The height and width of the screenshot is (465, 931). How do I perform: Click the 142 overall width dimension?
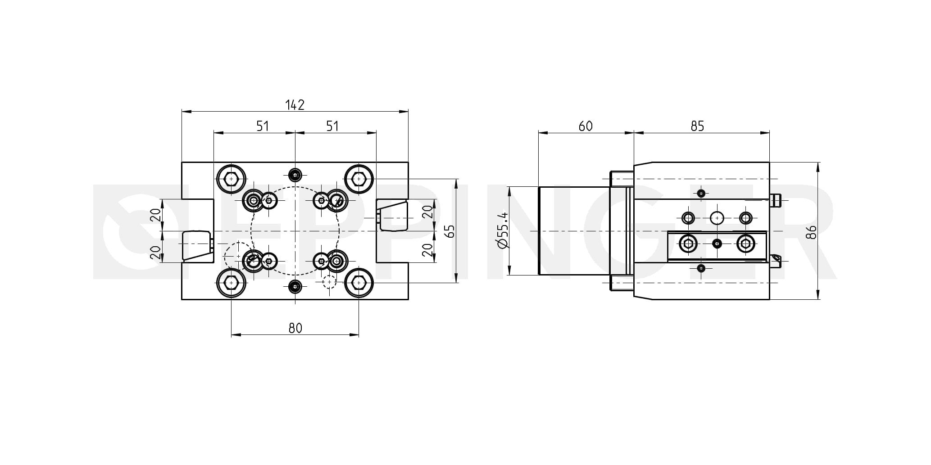295,105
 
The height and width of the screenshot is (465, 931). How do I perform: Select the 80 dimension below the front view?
295,328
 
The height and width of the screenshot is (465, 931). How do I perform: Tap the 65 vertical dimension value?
449,231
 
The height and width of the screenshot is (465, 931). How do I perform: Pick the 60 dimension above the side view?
586,126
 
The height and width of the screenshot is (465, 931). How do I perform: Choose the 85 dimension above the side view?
697,126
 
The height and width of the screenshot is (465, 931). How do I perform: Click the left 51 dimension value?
263,126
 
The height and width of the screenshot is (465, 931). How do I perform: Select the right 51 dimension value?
332,126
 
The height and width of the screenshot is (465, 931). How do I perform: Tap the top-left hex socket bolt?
231,179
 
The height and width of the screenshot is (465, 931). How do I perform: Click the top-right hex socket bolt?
359,179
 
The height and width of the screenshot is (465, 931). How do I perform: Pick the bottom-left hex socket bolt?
231,283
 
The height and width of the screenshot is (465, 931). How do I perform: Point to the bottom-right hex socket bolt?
359,283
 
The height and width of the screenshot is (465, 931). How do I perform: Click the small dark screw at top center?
295,174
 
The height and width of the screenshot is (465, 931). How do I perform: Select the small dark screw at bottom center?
295,286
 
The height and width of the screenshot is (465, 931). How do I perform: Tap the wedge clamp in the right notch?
393,217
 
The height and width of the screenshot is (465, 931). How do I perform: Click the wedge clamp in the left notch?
197,246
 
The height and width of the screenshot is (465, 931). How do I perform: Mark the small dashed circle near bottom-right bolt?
330,282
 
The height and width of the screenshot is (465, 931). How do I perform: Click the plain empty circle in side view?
717,218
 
